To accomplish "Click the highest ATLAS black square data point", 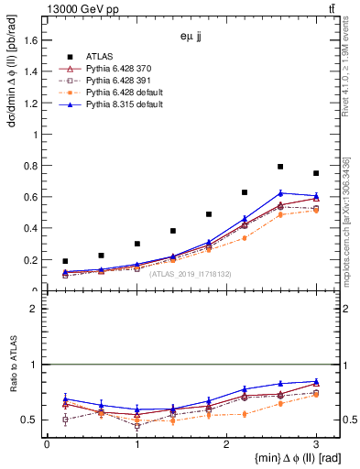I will click(280, 167).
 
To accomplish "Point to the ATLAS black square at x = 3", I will click(316, 173).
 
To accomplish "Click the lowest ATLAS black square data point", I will click(65, 261).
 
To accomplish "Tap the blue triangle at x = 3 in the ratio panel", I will click(316, 381).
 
